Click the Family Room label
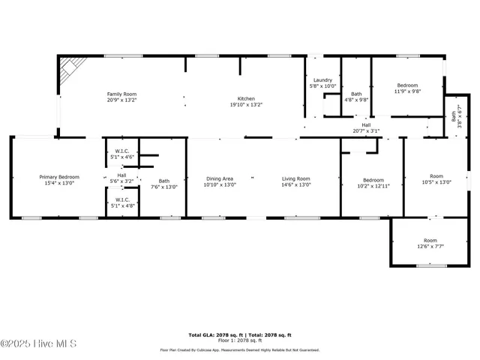(121, 94)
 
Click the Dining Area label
(219, 178)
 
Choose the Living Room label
(295, 178)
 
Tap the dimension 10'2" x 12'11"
(373, 185)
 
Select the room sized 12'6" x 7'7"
(430, 245)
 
